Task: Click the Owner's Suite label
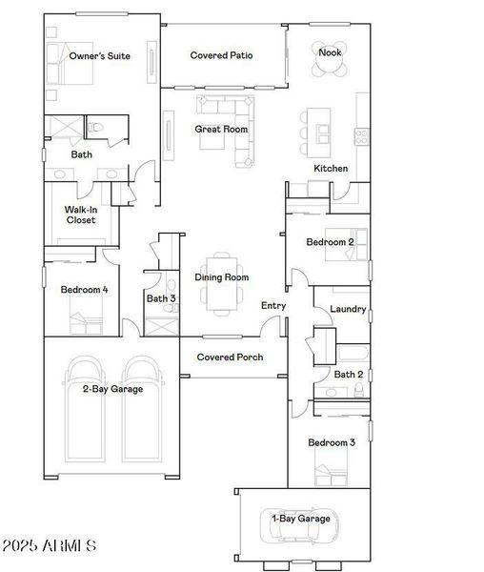tap(99, 56)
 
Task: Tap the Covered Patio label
tap(221, 56)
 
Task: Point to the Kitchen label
tap(331, 169)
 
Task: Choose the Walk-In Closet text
tap(80, 214)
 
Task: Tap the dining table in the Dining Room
tap(221, 282)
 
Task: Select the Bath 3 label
tap(160, 298)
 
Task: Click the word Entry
tap(273, 305)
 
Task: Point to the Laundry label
tap(348, 309)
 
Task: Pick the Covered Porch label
tap(229, 357)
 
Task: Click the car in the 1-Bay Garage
tap(300, 521)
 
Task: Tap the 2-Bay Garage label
tap(112, 389)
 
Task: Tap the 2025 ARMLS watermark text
tap(50, 546)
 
